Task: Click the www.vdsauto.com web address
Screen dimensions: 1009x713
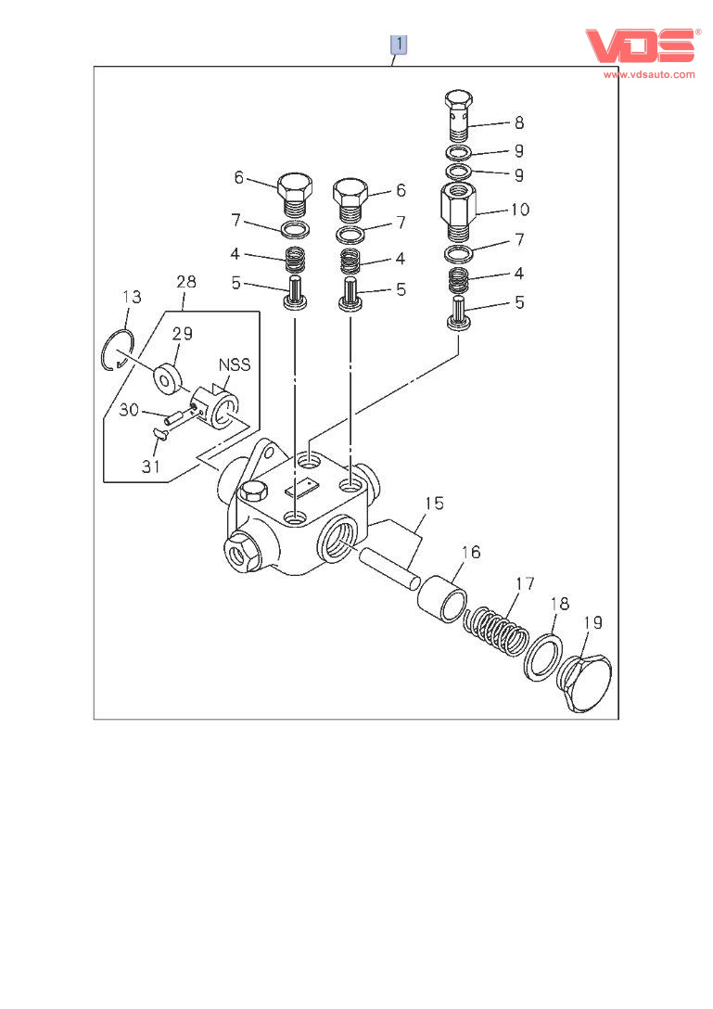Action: point(649,74)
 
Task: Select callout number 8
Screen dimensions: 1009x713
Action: point(519,122)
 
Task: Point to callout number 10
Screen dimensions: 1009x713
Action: point(519,211)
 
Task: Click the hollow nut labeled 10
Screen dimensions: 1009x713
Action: point(458,210)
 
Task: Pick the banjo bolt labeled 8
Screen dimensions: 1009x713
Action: point(458,116)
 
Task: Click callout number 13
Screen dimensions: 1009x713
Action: point(133,297)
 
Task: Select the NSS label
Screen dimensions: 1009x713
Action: point(235,365)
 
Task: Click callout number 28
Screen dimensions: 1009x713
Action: point(185,282)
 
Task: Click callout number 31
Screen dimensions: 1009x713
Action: point(152,466)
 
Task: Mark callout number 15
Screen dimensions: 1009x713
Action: point(434,504)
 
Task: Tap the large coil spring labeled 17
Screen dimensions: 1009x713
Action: point(496,629)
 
